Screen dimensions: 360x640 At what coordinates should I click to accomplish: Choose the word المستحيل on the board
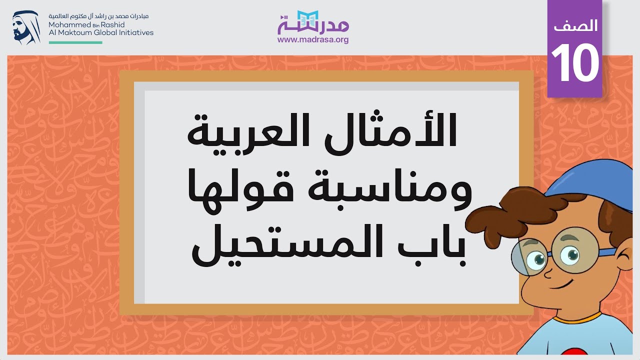280,247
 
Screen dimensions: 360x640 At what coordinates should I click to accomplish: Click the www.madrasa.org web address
313,40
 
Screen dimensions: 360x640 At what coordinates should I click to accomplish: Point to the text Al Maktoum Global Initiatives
101,32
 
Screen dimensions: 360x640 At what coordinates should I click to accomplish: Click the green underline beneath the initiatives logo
75,42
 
